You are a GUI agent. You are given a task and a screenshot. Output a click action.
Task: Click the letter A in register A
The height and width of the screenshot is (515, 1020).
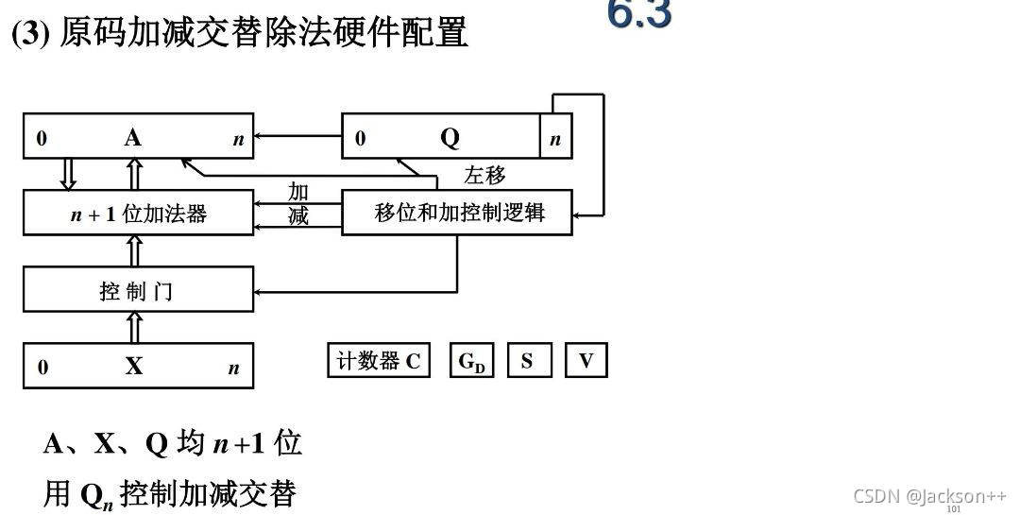coord(132,138)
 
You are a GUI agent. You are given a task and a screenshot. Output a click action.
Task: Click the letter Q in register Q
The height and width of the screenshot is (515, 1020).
coord(450,138)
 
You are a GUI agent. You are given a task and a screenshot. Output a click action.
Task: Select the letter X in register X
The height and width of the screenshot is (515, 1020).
coord(134,366)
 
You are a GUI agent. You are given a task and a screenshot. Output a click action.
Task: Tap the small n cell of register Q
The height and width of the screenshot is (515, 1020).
coord(555,139)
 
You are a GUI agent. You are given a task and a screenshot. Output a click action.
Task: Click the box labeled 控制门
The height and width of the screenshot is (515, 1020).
coord(138,290)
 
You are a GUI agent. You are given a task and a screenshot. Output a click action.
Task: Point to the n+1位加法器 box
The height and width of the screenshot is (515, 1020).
coord(138,214)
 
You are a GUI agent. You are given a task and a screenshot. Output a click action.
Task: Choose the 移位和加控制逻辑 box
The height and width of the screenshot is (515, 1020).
coord(459,213)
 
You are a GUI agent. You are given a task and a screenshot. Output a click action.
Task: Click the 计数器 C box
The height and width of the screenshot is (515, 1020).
coord(378,361)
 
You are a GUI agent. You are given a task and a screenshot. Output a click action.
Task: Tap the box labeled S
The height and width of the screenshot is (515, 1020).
coord(527,361)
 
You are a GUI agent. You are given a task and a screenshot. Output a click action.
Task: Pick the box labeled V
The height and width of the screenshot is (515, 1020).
coord(586,361)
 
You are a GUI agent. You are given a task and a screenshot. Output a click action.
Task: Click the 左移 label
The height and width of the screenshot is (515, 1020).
coord(484,175)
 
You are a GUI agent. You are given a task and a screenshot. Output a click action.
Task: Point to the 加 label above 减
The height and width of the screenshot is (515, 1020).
coord(298,192)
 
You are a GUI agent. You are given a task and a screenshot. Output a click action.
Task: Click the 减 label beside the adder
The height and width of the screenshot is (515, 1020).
coord(298,216)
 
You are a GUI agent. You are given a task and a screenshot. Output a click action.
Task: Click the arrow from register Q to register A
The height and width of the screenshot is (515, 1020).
coord(297,136)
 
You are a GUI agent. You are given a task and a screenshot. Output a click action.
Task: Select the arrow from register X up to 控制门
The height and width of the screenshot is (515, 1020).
coord(134,327)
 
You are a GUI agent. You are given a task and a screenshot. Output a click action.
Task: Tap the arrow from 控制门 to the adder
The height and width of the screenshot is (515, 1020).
coord(134,250)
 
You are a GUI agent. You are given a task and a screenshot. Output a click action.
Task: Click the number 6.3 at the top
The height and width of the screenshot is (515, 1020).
coord(639,14)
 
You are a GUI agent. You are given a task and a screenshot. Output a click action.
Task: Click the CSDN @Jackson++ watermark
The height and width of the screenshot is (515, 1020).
coord(929,496)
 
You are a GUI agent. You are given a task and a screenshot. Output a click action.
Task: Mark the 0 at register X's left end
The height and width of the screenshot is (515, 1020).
coord(42,368)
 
